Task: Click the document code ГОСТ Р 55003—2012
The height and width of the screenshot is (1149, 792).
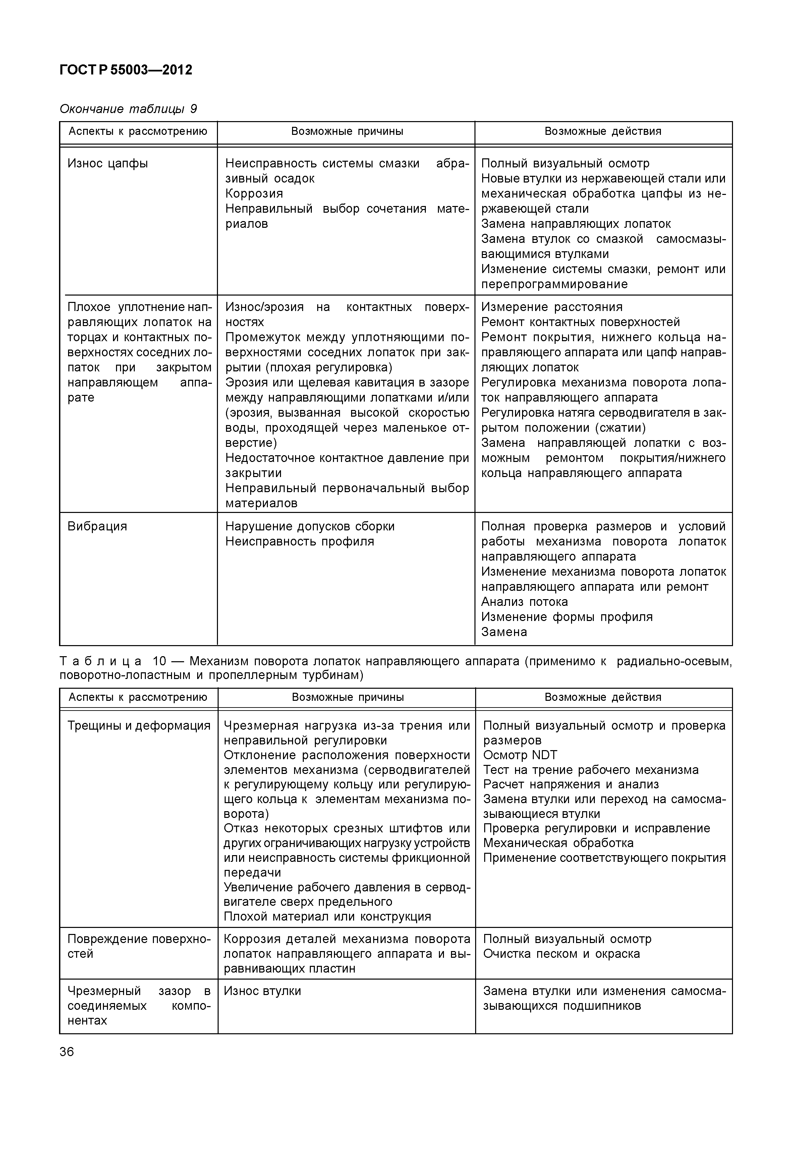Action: coord(125,70)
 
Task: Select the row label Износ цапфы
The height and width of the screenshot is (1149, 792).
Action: coord(108,163)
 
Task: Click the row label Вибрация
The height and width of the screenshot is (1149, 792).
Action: coord(97,526)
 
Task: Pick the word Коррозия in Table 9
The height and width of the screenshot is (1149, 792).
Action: coord(254,194)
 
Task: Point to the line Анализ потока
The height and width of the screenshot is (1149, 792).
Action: coord(524,602)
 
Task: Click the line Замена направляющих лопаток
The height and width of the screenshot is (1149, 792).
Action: coord(576,224)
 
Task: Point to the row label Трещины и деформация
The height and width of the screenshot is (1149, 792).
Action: coord(139,726)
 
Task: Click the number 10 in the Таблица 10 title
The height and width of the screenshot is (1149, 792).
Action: coord(159,662)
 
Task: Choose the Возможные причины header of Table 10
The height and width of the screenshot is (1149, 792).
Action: coord(347,697)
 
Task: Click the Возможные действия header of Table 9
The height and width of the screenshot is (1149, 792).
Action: coord(603,132)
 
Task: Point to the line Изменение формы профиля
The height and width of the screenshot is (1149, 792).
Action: coord(567,617)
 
